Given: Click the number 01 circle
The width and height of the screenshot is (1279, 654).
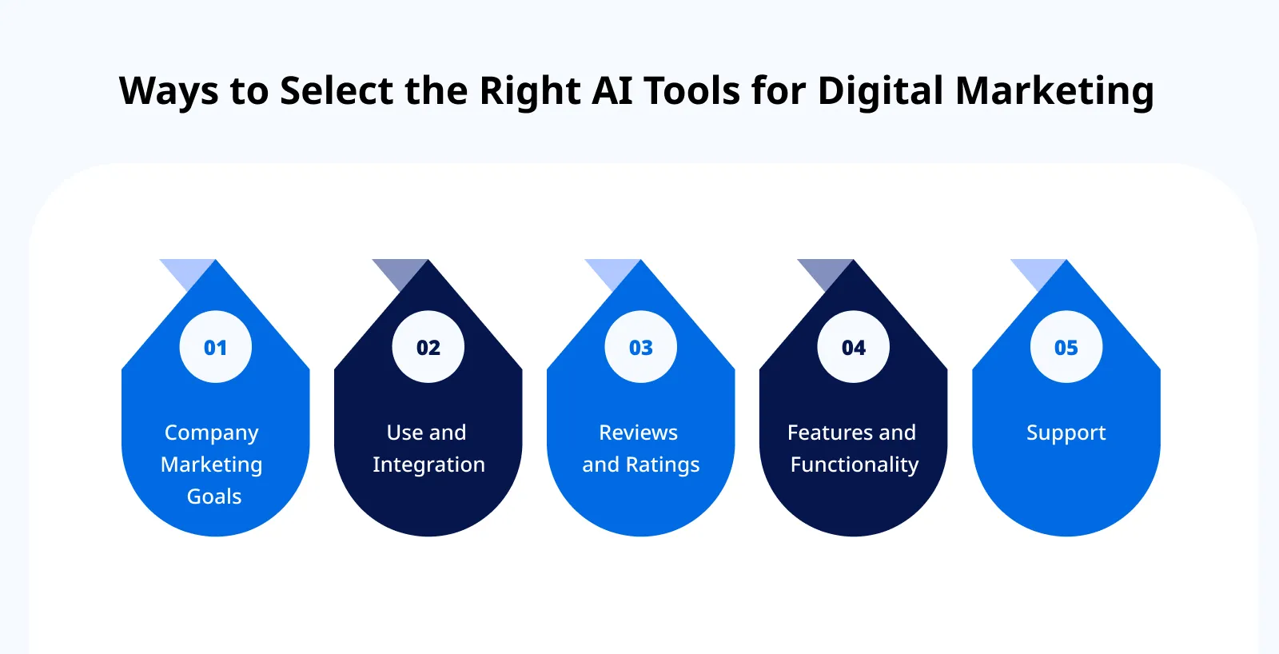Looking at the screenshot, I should [215, 347].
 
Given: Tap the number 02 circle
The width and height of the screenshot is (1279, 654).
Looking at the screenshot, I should [428, 347].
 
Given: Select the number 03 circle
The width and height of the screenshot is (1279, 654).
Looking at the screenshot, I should [640, 347].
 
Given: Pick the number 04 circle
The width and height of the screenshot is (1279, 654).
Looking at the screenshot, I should [853, 347].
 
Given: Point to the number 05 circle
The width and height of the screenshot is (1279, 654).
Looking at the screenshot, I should [1066, 347].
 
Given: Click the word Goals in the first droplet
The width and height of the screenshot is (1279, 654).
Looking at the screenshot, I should [214, 496].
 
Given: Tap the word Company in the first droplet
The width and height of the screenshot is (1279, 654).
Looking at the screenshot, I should [212, 433].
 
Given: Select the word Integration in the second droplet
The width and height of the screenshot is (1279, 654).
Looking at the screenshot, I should [428, 465].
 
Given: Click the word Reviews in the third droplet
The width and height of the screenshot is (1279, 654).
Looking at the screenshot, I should [638, 433].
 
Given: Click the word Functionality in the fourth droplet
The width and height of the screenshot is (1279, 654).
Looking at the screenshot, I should [855, 465].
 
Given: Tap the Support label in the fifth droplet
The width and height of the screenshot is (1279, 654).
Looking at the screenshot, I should [1066, 433].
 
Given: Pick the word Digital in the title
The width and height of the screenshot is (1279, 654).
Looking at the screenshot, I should [880, 91].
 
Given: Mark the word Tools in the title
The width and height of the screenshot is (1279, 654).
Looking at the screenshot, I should [692, 90].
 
